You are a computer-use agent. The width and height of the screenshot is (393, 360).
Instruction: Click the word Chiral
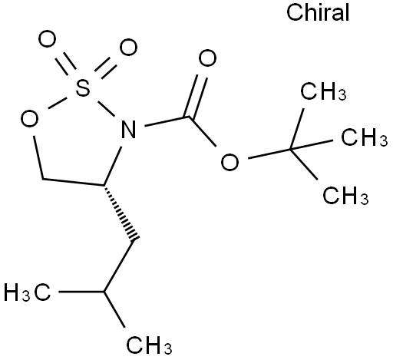tap(318, 12)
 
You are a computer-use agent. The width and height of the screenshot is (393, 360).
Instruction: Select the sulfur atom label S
tap(82, 88)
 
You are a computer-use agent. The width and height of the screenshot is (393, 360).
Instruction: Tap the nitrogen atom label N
tap(129, 129)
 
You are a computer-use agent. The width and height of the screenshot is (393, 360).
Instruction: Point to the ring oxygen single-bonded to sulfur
tap(29, 119)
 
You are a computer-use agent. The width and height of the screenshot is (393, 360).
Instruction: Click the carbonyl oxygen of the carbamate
tap(207, 58)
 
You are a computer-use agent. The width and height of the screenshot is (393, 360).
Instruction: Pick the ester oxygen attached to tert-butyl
tap(230, 162)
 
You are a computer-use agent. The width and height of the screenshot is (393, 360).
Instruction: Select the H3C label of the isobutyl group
tap(28, 292)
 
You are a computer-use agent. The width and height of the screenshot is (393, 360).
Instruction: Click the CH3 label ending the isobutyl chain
tap(149, 345)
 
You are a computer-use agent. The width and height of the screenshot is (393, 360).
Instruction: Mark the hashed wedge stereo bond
tap(120, 212)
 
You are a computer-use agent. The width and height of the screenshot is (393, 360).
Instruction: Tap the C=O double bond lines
tap(195, 96)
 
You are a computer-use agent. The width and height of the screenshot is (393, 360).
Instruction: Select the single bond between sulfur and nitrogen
tap(105, 109)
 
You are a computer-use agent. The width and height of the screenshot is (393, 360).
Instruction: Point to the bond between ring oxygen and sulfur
tap(58, 103)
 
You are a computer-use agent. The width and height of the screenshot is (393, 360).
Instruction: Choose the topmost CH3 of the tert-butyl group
tap(323, 91)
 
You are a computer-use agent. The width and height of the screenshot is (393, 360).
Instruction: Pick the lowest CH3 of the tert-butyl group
tap(345, 196)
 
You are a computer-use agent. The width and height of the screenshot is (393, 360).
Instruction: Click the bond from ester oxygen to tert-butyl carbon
tap(269, 154)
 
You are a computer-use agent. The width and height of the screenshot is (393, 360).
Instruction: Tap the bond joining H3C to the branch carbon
tap(81, 292)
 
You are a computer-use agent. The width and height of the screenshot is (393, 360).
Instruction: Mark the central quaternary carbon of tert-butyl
tap(291, 149)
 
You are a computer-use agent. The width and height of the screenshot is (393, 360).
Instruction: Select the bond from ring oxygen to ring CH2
tap(38, 157)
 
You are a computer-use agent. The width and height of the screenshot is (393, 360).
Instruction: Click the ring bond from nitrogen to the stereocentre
tap(113, 166)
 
